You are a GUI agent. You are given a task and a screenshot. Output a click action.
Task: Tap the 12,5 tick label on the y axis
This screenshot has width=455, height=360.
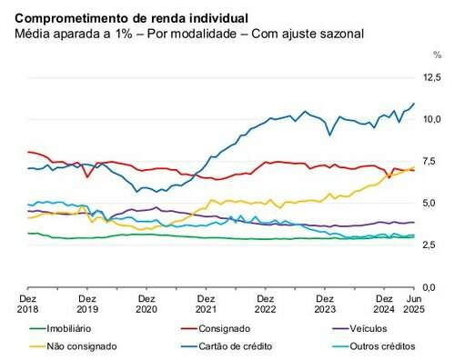[431, 79]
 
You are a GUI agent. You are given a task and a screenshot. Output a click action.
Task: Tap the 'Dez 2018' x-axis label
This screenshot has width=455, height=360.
[27, 303]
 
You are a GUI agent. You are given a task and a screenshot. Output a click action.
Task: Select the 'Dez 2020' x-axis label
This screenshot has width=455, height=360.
[146, 303]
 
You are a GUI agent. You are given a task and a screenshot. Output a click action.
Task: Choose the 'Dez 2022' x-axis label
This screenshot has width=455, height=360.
[265, 303]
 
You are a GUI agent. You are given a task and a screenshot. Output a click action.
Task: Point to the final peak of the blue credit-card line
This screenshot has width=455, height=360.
[415, 104]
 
